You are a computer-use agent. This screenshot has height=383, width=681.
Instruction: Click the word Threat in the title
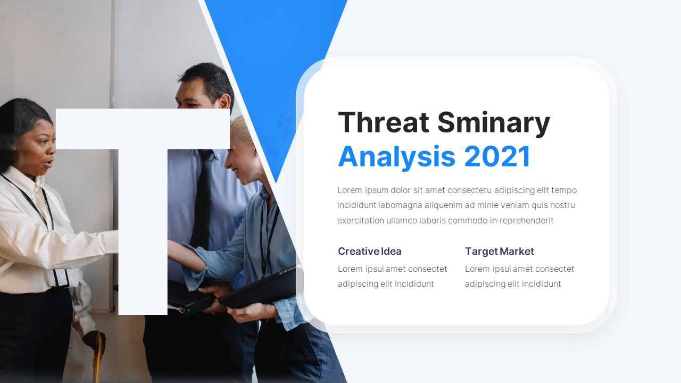(384, 122)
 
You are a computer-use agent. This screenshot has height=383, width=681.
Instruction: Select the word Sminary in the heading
(494, 124)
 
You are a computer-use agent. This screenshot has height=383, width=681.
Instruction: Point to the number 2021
(497, 156)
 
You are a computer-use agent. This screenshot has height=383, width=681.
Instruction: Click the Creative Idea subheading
(370, 252)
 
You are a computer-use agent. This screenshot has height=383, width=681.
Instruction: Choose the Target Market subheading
(500, 252)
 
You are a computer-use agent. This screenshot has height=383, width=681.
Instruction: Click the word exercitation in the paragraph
(361, 220)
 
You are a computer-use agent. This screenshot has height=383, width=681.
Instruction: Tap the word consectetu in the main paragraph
(469, 190)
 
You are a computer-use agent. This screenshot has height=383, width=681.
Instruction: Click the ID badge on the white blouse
(61, 278)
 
